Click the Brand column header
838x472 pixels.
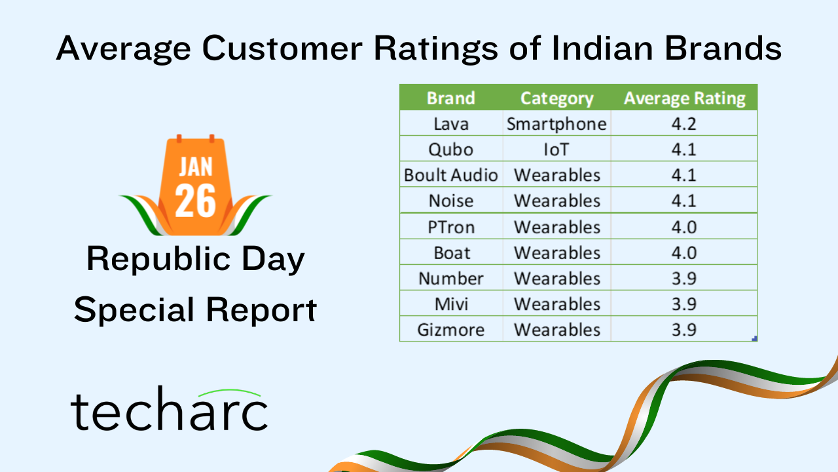tap(451, 98)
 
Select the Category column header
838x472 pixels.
tap(557, 99)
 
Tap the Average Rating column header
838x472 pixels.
tap(685, 99)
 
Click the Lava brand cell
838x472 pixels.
tap(451, 124)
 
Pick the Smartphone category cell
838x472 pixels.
tap(556, 125)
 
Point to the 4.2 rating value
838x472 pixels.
tap(684, 124)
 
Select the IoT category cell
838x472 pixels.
tap(556, 150)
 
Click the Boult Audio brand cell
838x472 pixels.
tap(451, 175)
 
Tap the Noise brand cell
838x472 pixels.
tap(451, 201)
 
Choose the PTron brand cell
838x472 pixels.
tap(451, 227)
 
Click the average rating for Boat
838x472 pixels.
tap(684, 253)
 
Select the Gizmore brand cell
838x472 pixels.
tap(451, 330)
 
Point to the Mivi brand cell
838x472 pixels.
tap(451, 304)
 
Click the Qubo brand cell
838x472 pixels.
tap(451, 150)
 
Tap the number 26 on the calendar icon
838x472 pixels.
tap(195, 201)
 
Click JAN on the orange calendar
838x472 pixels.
tap(196, 167)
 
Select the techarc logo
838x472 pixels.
tap(169, 409)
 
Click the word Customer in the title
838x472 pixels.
tap(282, 48)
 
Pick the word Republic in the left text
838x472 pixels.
tap(158, 259)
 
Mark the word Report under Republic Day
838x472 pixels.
tap(261, 310)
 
